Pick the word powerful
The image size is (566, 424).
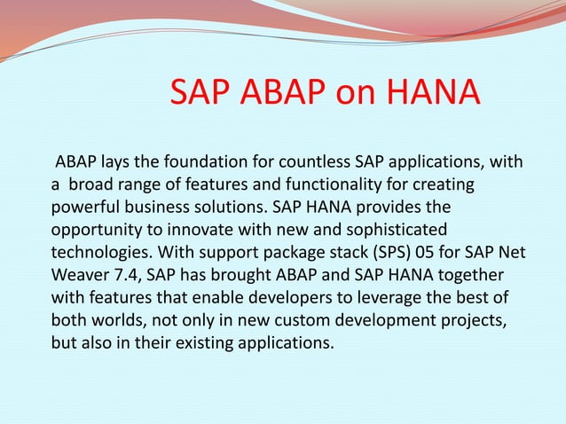(79, 208)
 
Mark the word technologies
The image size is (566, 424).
(93, 253)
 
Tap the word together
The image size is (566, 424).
(468, 275)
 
